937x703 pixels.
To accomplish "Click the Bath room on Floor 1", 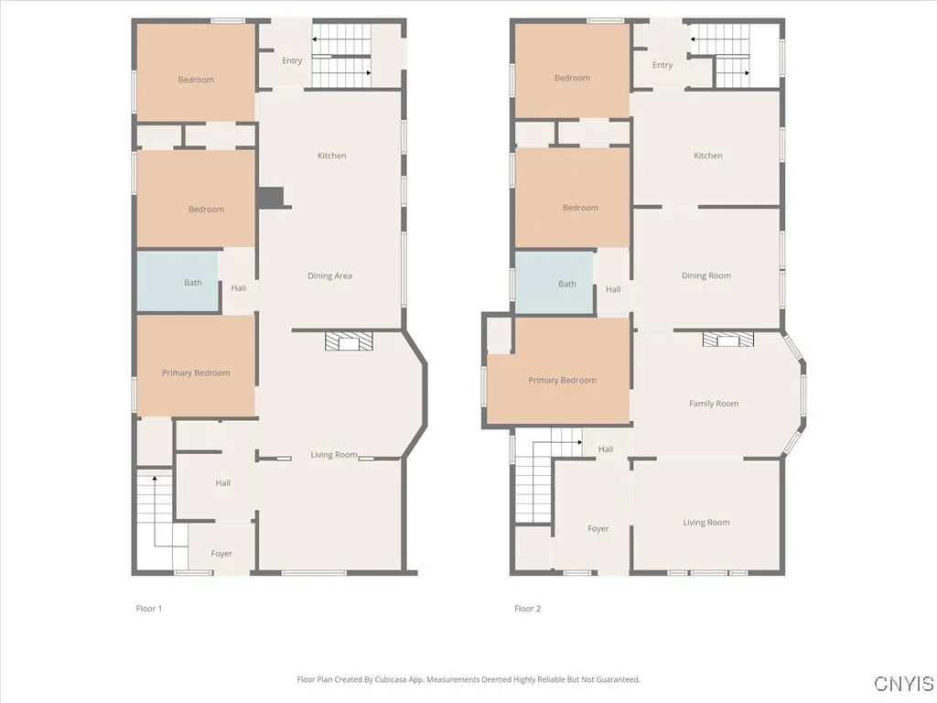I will point(179,282).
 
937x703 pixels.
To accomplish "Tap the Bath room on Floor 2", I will point(555,284).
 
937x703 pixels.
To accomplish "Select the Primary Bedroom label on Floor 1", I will point(196,373).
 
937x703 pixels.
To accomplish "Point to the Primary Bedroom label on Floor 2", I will point(562,381).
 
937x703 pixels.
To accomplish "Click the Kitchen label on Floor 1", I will point(332,156).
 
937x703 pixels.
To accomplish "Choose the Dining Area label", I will point(330,276).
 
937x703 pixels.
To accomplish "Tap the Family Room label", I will point(714,404).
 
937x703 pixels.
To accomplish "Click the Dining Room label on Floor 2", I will point(706,276).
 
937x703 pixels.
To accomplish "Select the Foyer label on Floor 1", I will point(221,554).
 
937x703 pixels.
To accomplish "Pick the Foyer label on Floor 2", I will point(598,529).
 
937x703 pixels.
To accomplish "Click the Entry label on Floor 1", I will point(292,61).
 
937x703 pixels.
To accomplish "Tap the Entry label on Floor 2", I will point(662,65).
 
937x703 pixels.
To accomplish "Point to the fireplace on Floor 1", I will point(350,342).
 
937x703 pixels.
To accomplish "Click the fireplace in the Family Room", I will point(728,341).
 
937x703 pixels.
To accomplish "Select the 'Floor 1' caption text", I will point(149,609).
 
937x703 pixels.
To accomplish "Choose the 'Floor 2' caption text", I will point(527,609).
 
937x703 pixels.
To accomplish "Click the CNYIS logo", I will point(903,684).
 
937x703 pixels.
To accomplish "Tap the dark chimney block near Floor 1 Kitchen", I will point(271,198).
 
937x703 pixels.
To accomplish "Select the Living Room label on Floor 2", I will point(706,523).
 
